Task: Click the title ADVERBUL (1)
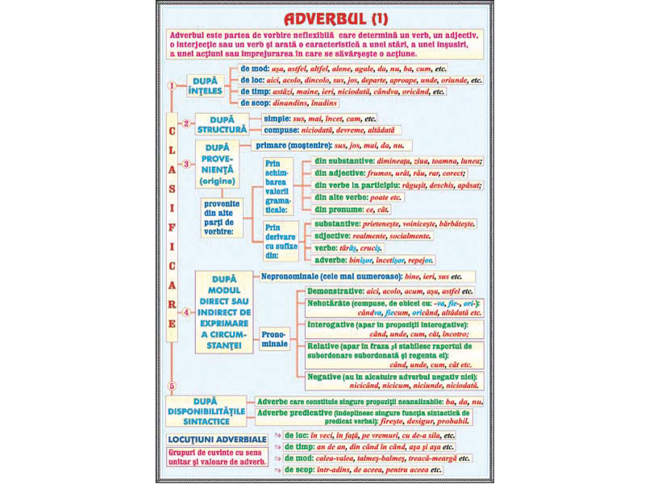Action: pyautogui.click(x=322, y=18)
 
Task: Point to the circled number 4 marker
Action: pyautogui.click(x=187, y=312)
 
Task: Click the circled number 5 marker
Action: pyautogui.click(x=171, y=386)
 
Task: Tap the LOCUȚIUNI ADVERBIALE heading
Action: pyautogui.click(x=216, y=438)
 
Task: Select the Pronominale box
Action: pyautogui.click(x=274, y=339)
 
